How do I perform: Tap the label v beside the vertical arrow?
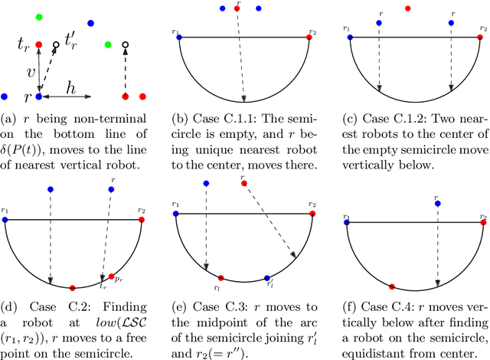pos(31,73)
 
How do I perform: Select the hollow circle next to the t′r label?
pos(55,45)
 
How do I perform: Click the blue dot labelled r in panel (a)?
pos(38,97)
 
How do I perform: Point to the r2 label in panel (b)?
pos(312,31)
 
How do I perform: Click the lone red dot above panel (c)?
pos(407,8)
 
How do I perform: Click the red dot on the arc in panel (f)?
pos(392,286)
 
